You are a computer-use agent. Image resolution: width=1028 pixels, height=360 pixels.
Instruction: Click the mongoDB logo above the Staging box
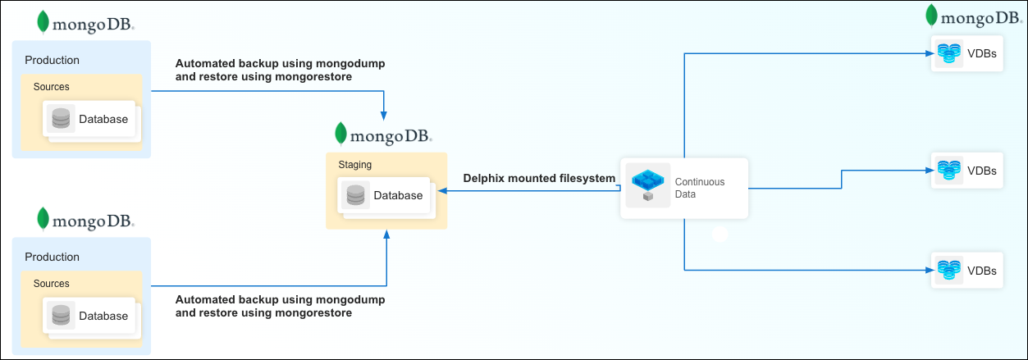383,134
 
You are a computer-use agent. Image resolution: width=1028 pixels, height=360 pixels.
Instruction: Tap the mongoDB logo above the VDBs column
973,17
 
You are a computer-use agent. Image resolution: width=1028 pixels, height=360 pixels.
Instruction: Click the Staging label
354,165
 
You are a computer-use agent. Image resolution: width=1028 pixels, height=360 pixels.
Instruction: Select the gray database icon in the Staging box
355,195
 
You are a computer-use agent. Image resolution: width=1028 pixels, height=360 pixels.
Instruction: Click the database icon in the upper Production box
60,119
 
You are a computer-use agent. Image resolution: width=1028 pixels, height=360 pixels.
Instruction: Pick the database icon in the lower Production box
60,316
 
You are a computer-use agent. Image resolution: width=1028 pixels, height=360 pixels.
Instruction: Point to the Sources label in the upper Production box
52,86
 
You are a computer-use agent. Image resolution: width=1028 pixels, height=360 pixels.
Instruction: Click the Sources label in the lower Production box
52,283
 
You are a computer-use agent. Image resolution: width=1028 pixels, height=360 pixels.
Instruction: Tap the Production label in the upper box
52,60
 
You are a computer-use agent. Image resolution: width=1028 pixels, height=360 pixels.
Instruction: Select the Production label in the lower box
52,257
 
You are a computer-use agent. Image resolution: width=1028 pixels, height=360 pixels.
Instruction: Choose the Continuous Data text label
699,188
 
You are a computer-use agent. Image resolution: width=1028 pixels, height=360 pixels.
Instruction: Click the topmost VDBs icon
948,54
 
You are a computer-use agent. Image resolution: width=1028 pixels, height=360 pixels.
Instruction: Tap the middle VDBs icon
948,171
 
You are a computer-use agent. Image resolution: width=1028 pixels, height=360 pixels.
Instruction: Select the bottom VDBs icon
948,270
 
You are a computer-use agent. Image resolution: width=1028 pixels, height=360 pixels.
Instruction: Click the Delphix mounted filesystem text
539,178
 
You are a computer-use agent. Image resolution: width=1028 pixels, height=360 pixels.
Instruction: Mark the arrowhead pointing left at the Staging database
441,190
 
